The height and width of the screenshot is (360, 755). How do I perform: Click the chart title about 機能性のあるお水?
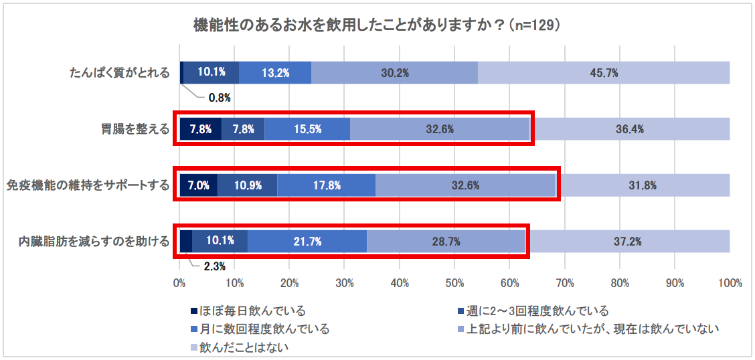(x=376, y=25)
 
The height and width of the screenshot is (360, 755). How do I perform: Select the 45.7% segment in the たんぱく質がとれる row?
(x=603, y=73)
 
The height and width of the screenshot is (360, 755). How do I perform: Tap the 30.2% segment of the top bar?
(x=394, y=73)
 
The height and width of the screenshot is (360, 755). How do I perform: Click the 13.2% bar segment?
(x=275, y=73)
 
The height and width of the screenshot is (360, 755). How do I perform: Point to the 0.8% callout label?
(x=220, y=98)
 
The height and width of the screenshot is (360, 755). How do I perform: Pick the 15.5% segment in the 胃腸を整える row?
(x=307, y=129)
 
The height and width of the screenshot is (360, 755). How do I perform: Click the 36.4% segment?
(x=630, y=129)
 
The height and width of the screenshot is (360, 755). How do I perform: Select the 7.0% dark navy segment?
(x=199, y=185)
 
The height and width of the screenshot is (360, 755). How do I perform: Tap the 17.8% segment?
(x=326, y=185)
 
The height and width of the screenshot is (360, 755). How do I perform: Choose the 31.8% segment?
(x=643, y=185)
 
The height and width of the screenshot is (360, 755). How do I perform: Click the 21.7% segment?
(x=307, y=242)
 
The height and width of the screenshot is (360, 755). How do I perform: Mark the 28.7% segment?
(x=445, y=242)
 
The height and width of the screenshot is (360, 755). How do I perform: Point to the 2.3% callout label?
(x=214, y=266)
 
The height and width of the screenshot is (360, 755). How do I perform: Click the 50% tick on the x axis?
(x=454, y=283)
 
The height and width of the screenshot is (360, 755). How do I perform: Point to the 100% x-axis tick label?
(x=729, y=283)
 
